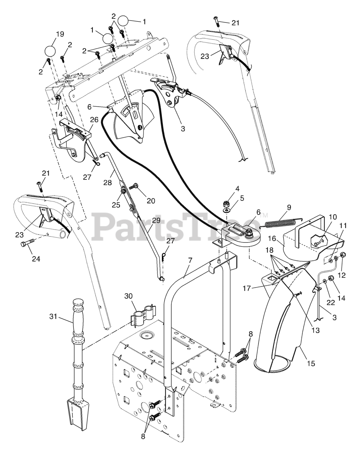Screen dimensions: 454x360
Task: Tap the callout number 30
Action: (x=129, y=297)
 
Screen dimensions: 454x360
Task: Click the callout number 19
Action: (x=60, y=34)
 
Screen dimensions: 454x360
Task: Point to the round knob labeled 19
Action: (x=50, y=51)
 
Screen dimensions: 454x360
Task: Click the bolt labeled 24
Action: (x=27, y=245)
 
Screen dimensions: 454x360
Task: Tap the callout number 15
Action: (x=310, y=363)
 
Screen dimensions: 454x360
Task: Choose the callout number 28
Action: (x=108, y=183)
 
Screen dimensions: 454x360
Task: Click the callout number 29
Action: (x=156, y=220)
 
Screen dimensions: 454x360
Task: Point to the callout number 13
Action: (x=315, y=330)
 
